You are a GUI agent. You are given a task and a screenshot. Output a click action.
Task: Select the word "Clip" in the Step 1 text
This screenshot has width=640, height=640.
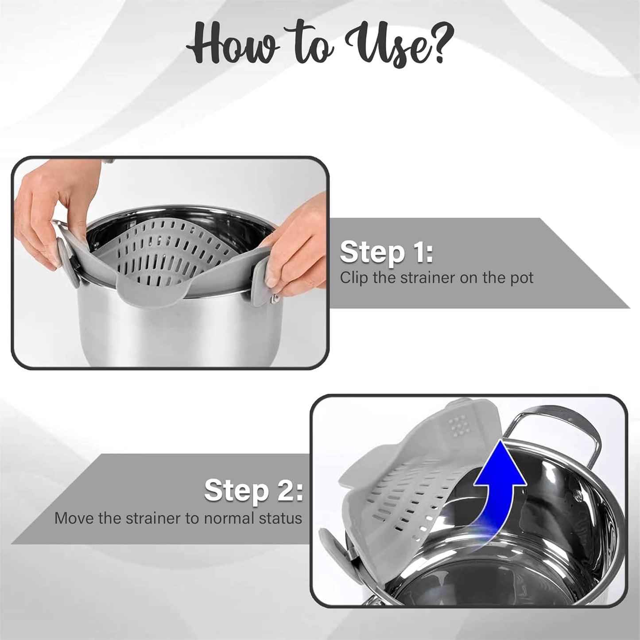point(354,278)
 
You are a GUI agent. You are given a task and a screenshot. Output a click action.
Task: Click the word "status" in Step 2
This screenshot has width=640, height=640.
point(281,518)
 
